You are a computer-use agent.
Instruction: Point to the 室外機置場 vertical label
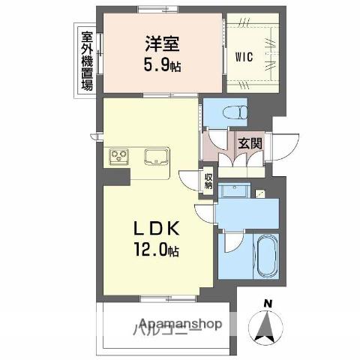[87, 59]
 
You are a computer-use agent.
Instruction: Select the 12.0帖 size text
[156, 249]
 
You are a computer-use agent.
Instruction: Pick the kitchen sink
[157, 157]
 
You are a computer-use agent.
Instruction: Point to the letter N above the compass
[267, 303]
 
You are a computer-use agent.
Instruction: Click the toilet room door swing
[217, 139]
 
